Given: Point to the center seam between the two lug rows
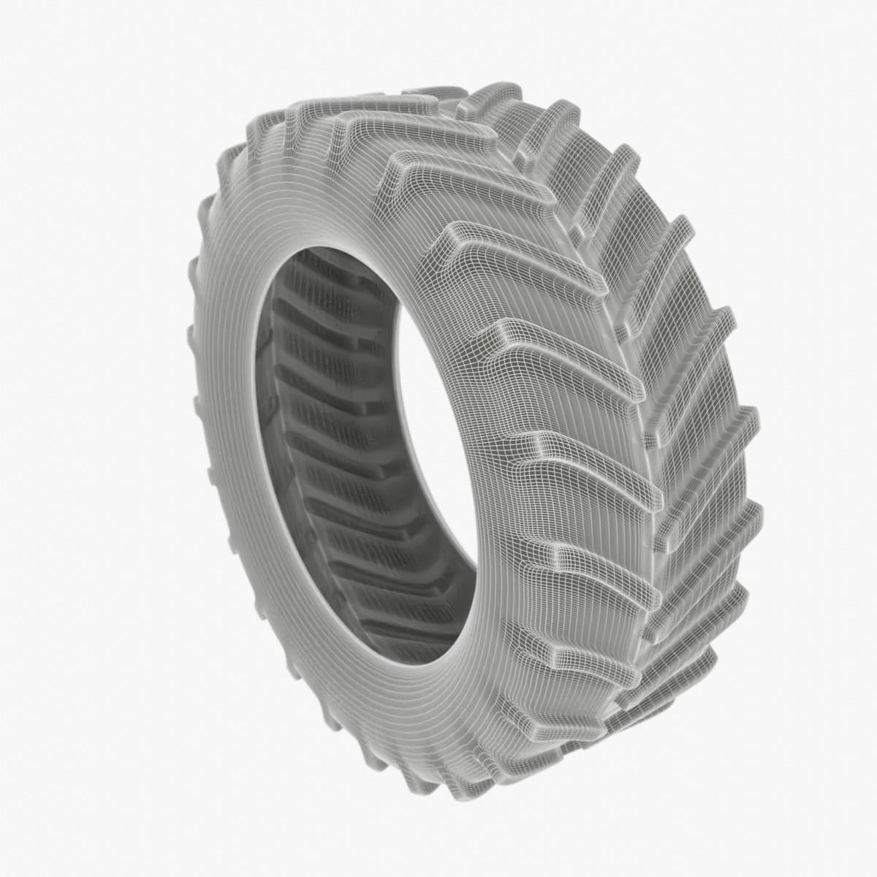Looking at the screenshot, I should point(643,409).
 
